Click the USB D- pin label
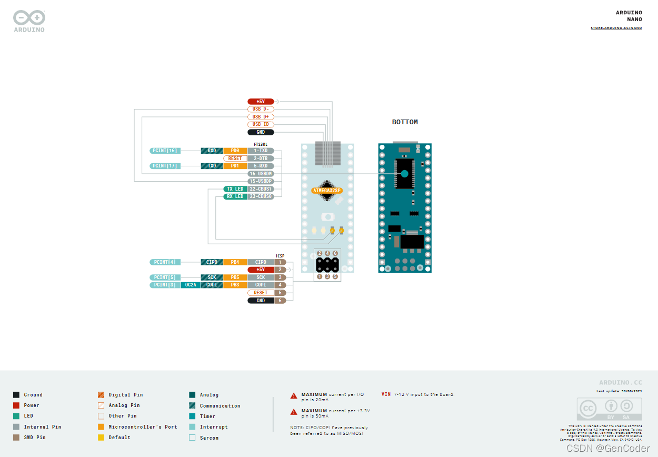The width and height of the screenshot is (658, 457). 261,109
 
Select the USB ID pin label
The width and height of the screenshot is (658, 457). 261,124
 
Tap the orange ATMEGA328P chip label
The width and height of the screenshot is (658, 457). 327,191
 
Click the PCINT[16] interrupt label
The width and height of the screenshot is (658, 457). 165,151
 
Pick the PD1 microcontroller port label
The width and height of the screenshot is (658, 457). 235,166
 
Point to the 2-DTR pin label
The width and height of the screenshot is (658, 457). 261,158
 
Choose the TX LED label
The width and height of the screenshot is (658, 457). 235,189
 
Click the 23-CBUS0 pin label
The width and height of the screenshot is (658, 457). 261,196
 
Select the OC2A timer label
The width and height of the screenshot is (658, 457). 191,285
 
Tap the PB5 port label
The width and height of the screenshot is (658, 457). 235,277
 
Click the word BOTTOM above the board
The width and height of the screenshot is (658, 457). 405,122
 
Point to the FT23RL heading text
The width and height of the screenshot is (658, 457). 261,144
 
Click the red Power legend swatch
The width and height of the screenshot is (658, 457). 16,405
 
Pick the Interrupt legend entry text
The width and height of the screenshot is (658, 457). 214,427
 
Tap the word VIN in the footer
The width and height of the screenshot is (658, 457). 386,394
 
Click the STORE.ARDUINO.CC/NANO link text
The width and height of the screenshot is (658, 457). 616,28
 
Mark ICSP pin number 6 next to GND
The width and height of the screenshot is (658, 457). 281,300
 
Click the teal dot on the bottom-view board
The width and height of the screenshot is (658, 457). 404,174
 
